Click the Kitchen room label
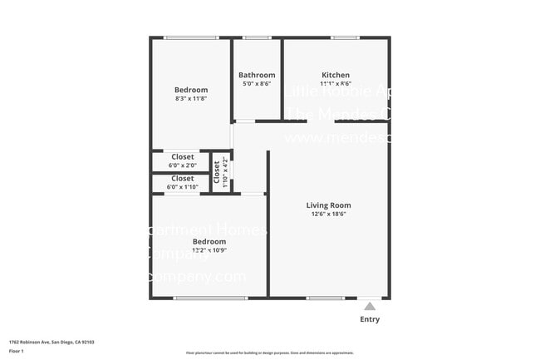point(336,75)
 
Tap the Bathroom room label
point(257,75)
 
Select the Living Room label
point(329,205)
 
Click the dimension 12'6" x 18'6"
point(329,214)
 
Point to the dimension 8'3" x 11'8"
point(190,99)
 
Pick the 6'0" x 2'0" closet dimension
point(183,165)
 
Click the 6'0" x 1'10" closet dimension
point(183,187)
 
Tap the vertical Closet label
point(217,171)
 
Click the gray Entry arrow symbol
point(370,306)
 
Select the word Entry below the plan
point(370,319)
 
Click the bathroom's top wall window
point(257,37)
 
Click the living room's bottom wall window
point(325,298)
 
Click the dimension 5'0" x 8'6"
point(257,84)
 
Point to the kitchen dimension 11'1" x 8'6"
point(336,84)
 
